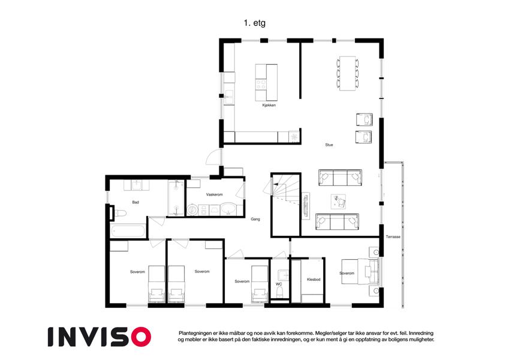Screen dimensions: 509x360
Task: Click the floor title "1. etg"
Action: (254, 23)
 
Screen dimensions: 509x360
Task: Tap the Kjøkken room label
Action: (269, 105)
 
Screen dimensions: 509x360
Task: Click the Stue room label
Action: (329, 145)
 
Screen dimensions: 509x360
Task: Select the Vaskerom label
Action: (214, 194)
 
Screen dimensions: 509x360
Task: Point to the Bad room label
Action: (135, 202)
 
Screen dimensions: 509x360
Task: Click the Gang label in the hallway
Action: (255, 219)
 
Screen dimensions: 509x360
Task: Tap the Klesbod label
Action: (314, 280)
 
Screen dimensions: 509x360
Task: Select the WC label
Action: (279, 284)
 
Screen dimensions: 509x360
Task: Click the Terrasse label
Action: (393, 237)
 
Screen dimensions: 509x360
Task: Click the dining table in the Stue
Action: (348, 73)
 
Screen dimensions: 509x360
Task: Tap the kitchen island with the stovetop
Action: (266, 82)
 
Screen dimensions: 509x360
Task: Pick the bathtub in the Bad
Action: (128, 232)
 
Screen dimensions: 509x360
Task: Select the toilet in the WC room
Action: (279, 293)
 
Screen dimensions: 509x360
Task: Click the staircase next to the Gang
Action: (285, 205)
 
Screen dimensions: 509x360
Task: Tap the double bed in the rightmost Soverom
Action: (360, 272)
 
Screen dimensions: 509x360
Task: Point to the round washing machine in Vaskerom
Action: (192, 210)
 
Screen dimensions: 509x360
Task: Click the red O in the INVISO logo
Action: (141, 337)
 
